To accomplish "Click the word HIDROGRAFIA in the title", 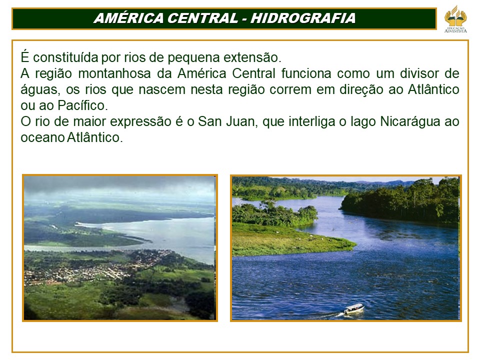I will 303,18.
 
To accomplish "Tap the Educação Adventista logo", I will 455,18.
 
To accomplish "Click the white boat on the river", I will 353,308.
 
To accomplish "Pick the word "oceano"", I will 41,138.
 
